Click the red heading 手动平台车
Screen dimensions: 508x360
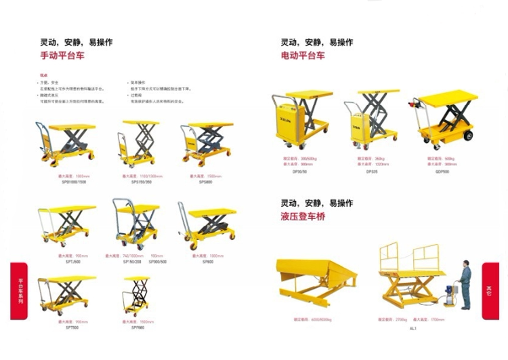point(63,56)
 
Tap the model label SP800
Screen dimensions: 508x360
point(207,260)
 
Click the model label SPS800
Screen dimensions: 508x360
point(206,182)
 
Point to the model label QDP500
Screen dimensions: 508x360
point(442,172)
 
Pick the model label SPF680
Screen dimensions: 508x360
point(137,327)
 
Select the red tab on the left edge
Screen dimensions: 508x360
point(19,291)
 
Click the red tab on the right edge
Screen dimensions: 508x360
point(490,291)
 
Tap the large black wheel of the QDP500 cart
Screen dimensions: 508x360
point(467,135)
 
